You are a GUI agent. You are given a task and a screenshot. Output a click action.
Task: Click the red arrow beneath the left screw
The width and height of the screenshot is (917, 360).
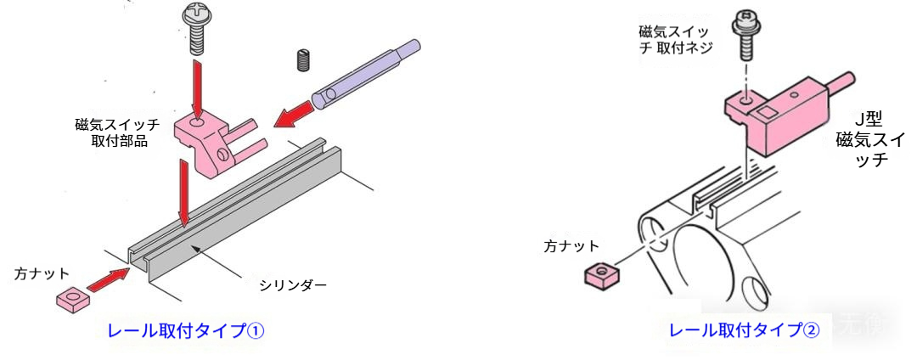pyautogui.click(x=197, y=87)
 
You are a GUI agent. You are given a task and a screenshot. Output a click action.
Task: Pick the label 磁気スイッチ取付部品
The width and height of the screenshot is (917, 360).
pyautogui.click(x=119, y=132)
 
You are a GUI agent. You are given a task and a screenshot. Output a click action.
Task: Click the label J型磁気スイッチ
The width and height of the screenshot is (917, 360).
pyautogui.click(x=869, y=140)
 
